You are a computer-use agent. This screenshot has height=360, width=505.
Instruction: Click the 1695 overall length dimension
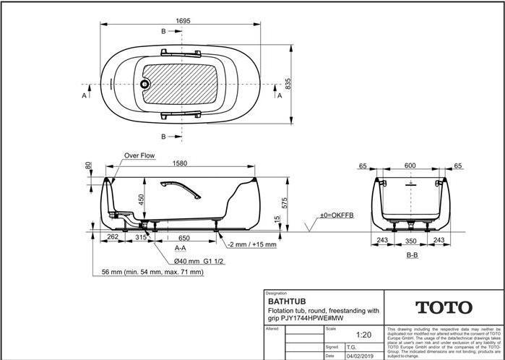(184, 20)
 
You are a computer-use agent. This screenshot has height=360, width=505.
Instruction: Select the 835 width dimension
(288, 85)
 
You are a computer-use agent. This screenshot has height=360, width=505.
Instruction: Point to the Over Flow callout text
(140, 155)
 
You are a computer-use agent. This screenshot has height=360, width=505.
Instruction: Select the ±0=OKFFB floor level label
(337, 215)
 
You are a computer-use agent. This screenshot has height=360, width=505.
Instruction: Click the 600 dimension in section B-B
(410, 166)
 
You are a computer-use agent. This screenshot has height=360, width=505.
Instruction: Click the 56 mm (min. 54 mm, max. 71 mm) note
(149, 273)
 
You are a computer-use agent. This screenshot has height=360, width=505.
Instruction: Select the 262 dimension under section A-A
(112, 237)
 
